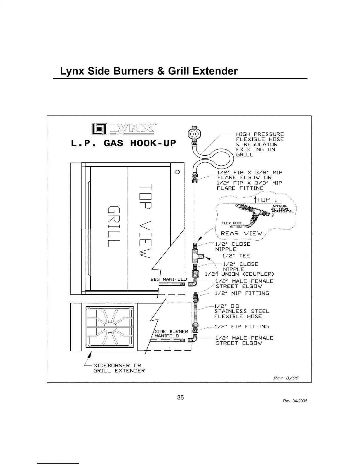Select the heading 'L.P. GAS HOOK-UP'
tap(124, 143)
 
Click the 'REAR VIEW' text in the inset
tap(241, 234)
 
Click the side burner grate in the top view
tap(109, 327)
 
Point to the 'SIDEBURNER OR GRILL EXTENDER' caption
tap(119, 368)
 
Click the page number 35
tap(180, 397)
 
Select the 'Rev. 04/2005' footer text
tap(295, 401)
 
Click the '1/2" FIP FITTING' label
tap(242, 327)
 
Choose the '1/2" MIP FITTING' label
tap(242, 293)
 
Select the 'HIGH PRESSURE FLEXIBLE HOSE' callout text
tap(260, 137)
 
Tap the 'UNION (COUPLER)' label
tap(248, 274)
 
